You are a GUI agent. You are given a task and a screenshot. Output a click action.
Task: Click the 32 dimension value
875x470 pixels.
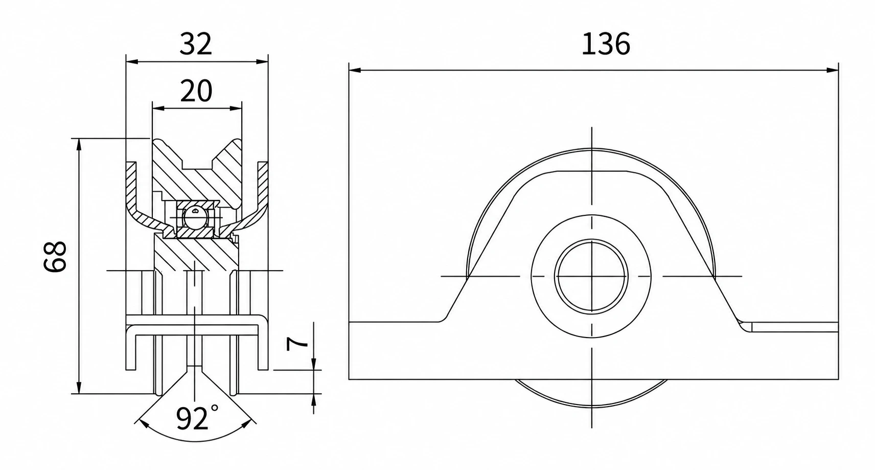(196, 44)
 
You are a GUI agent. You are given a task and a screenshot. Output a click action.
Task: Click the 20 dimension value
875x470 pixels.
(196, 91)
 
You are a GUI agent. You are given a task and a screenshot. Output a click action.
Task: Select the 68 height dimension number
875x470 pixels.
(55, 256)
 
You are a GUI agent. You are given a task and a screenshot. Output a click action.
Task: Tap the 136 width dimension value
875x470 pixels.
(606, 44)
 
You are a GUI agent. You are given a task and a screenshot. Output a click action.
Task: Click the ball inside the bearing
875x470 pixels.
(194, 217)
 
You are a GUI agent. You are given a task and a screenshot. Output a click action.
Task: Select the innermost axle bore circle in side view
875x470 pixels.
(591, 276)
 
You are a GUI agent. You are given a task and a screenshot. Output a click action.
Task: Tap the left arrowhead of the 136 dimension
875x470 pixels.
(355, 71)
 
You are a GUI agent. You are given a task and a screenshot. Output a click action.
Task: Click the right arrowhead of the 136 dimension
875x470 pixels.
(833, 71)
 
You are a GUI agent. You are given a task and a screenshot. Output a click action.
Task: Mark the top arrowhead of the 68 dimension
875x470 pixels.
(79, 144)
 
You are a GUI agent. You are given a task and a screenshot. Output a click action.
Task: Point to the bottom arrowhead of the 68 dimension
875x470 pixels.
(79, 388)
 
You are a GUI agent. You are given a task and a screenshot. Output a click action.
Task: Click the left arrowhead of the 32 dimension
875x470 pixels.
(132, 61)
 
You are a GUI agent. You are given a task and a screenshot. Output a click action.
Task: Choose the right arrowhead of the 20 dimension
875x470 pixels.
(236, 108)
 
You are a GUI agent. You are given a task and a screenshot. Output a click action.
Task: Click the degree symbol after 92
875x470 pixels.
(215, 408)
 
